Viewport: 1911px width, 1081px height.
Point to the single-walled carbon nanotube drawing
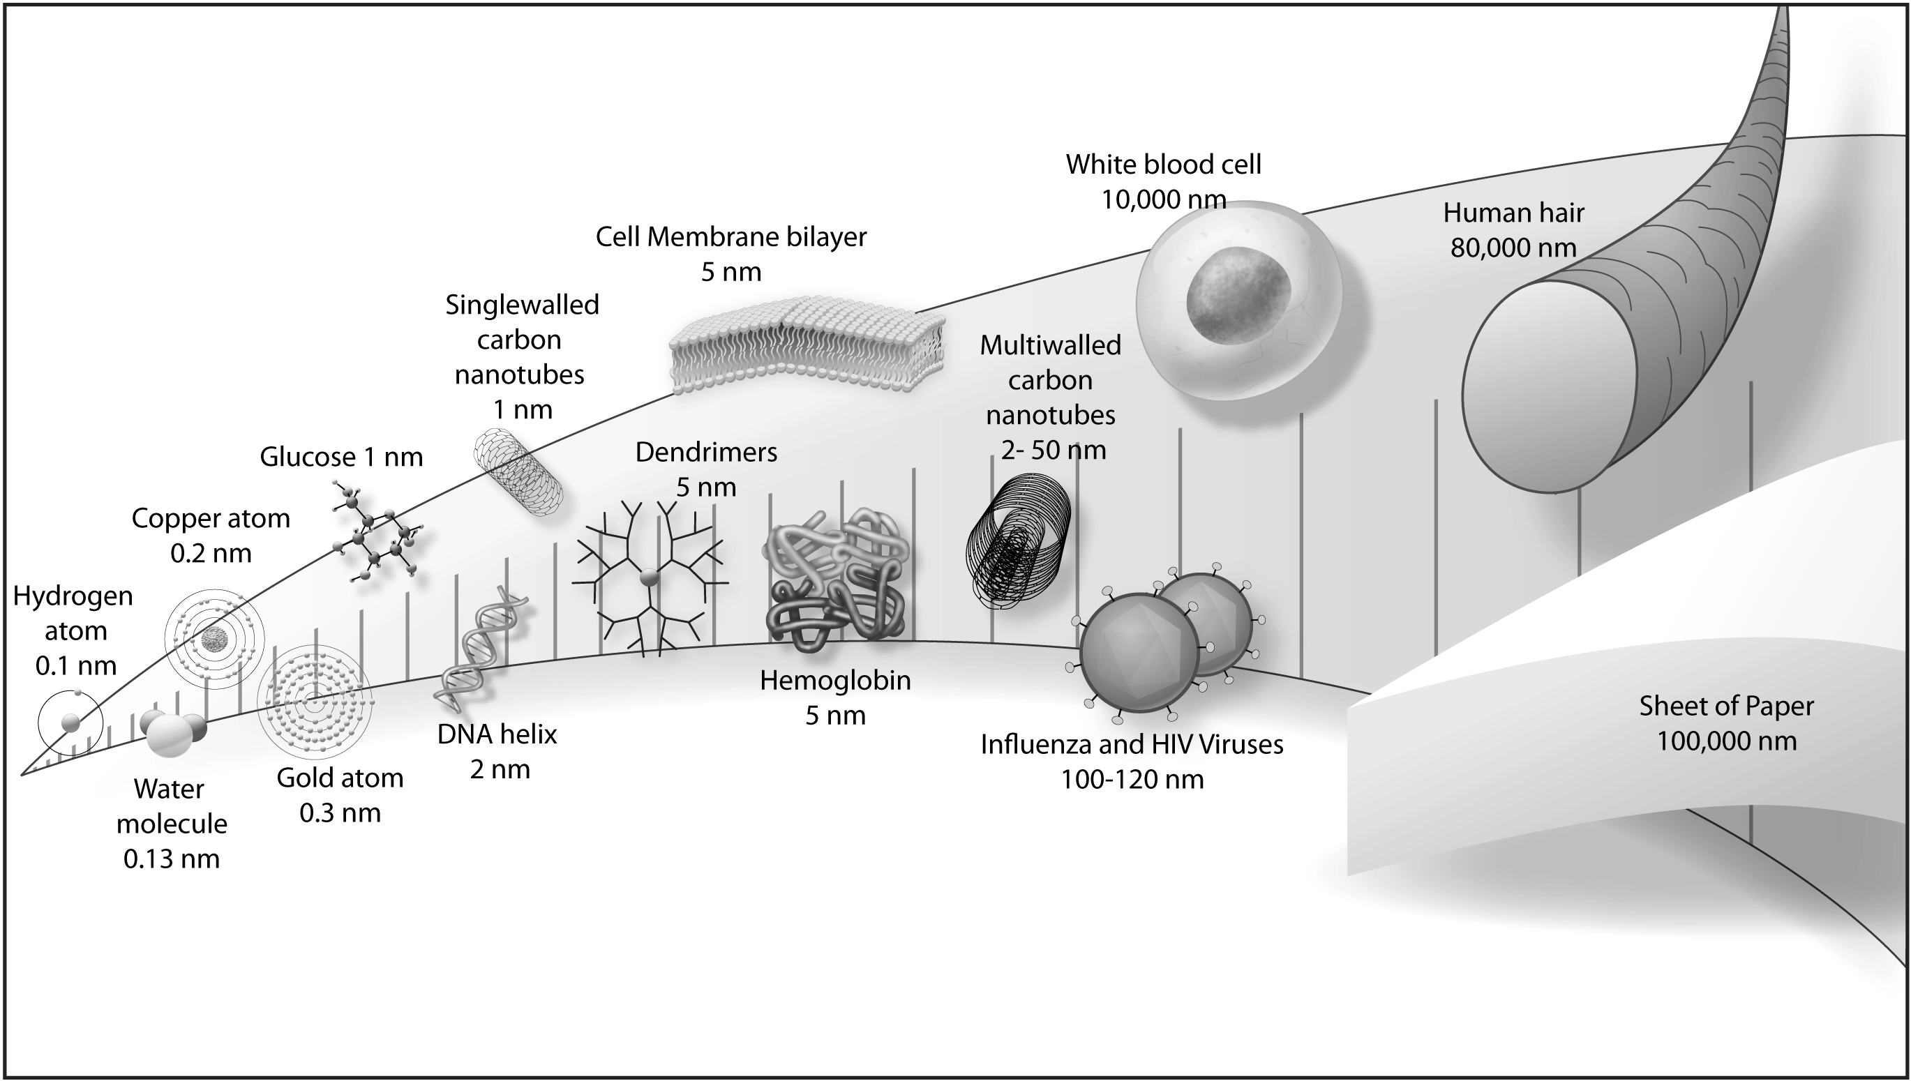coord(518,473)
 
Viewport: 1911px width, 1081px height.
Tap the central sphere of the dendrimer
coord(649,576)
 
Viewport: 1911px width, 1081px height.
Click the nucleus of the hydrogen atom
coord(70,722)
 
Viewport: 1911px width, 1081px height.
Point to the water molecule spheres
coord(172,732)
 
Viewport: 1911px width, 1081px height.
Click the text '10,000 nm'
coord(1163,199)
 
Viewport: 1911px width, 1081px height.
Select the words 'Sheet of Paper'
coord(1726,705)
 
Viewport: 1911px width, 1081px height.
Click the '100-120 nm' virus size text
coord(1132,779)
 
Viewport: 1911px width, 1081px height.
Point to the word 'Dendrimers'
coord(706,451)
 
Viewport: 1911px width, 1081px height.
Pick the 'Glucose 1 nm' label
coord(341,456)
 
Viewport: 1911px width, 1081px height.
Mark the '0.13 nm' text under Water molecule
coord(172,859)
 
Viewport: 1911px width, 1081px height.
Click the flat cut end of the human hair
coord(1550,386)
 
